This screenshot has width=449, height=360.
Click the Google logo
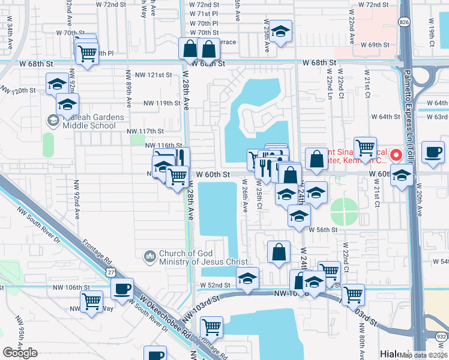pos(20,353)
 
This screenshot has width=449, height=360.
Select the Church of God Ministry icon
pos(149,257)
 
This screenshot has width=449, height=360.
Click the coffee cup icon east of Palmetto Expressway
pos(433,152)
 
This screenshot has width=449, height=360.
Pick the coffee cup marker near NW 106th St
pos(122,289)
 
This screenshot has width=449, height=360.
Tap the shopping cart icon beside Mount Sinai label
pos(365,146)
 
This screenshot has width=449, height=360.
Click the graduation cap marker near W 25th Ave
pos(279,32)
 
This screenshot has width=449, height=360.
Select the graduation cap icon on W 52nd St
pos(247,278)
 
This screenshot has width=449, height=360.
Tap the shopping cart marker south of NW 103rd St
pos(211,327)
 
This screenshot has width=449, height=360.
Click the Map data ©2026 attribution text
pos(423,355)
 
